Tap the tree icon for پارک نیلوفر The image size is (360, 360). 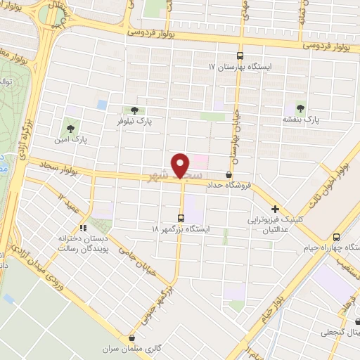pos(134,110)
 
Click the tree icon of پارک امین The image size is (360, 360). pos(70,128)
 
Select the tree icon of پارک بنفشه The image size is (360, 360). pos(300,108)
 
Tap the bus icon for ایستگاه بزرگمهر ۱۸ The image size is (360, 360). pos(181,217)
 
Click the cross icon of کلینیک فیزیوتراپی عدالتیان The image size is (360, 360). pos(275,209)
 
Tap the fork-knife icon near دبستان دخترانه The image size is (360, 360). pos(82,228)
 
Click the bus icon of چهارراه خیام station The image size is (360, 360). pos(336,236)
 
